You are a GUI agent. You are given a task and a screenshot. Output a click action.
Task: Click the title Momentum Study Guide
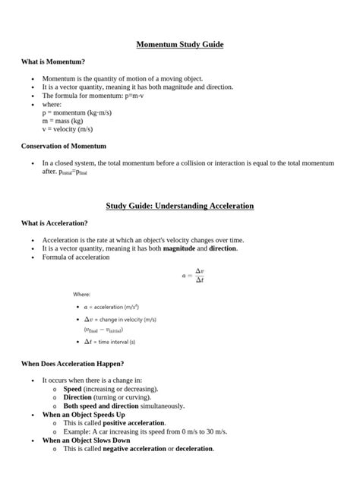[180, 45]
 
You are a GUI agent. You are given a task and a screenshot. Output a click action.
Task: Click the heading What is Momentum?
[52, 61]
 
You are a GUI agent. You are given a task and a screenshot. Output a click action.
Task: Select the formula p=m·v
[134, 96]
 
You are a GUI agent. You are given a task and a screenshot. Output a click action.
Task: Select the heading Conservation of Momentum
[64, 145]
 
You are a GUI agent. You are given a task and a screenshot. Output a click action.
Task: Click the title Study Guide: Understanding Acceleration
[180, 206]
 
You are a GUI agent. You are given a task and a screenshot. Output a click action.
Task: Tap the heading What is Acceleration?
[55, 223]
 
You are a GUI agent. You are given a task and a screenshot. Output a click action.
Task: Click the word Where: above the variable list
[82, 294]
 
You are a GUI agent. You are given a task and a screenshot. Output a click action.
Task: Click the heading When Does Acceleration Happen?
[73, 364]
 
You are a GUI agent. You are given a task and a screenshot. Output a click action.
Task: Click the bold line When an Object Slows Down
[86, 440]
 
